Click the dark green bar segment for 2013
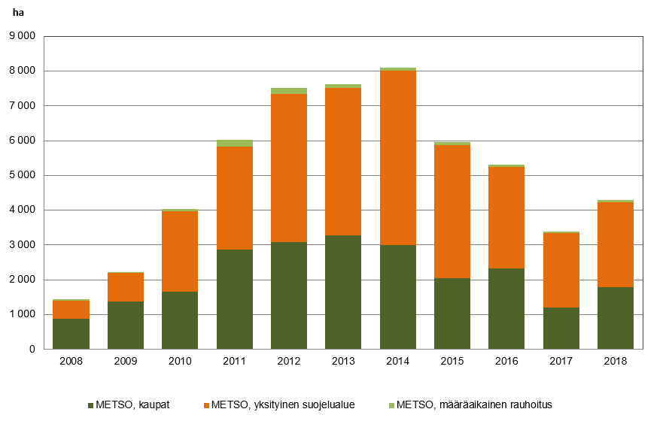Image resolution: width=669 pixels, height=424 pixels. point(343,292)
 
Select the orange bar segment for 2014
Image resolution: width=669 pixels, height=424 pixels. point(397,158)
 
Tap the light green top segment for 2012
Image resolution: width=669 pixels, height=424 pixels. point(289,91)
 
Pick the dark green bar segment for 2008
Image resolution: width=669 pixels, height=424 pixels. point(71,334)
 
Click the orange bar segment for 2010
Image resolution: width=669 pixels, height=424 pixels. point(180,251)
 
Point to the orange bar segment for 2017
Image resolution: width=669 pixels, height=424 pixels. point(561,271)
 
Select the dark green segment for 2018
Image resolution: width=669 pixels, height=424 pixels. point(616,318)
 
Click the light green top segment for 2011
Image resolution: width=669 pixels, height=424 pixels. point(235,143)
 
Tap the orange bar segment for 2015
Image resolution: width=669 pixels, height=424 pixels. point(452,211)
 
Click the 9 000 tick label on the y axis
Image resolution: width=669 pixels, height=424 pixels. point(22,36)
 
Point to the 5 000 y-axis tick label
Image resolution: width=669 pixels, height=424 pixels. point(22,175)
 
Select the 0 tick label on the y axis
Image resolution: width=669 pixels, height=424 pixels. point(32,350)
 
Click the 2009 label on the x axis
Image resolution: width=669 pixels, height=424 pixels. point(126,362)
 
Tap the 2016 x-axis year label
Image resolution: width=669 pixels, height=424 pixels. point(506,362)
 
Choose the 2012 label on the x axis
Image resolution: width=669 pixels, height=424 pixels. point(289,362)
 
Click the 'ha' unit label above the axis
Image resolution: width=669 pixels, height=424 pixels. point(16,13)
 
